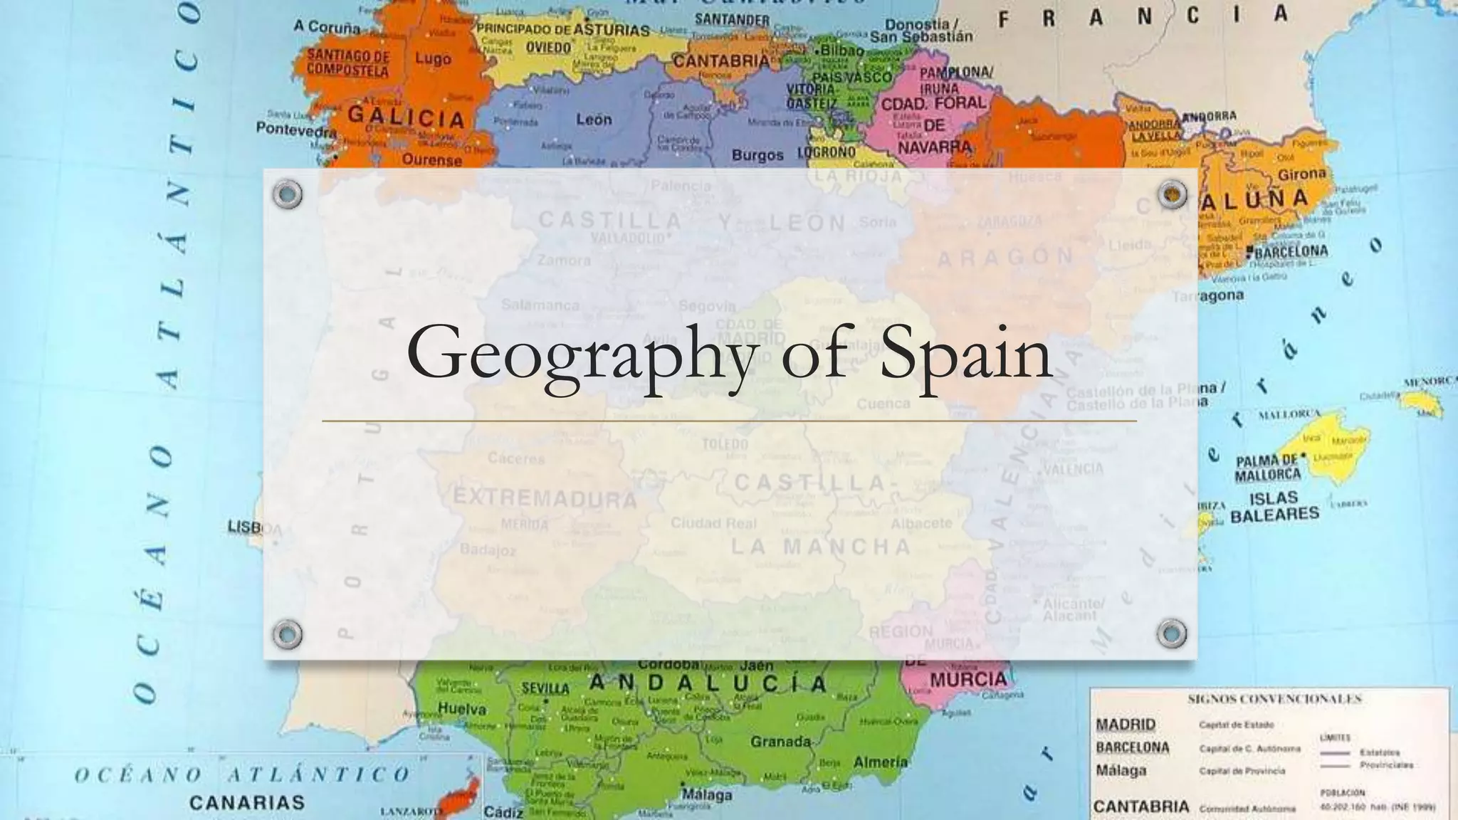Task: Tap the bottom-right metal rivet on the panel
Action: (1171, 633)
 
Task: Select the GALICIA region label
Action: (405, 116)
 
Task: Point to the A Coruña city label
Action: (327, 27)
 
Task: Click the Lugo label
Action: (433, 59)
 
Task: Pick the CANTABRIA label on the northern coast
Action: (721, 61)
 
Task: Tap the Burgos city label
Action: (757, 155)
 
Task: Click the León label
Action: (594, 120)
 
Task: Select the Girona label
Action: (1302, 174)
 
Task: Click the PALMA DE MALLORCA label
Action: (1267, 468)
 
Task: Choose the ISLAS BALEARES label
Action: (1274, 506)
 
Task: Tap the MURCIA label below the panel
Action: (968, 680)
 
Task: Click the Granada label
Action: (780, 742)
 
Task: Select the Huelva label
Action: (462, 709)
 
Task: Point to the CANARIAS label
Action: (246, 803)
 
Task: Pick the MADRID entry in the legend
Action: (1126, 725)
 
